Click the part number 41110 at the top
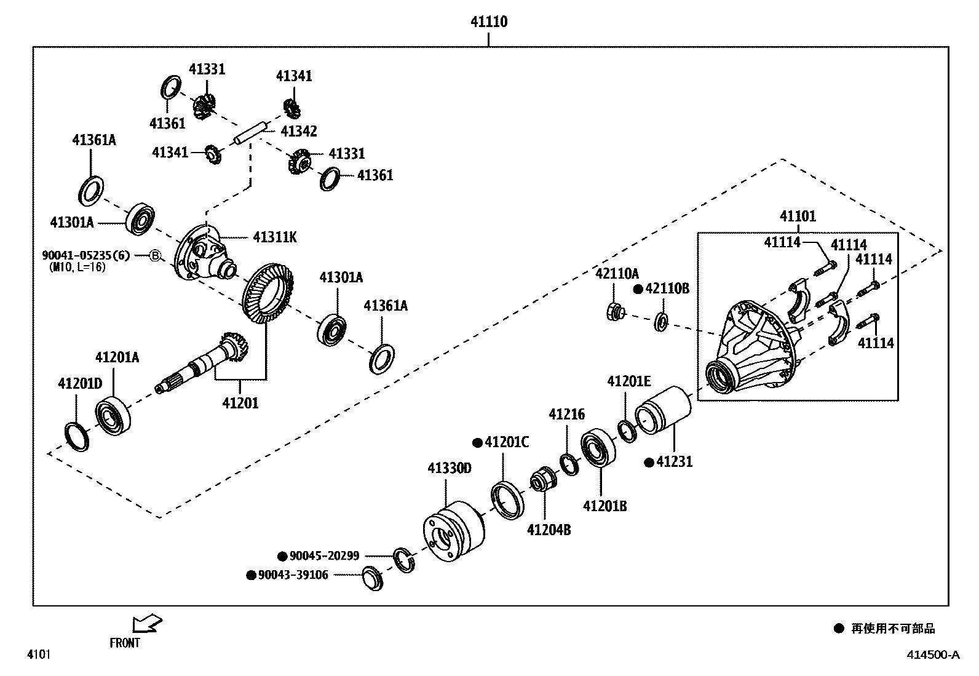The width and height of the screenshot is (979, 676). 489,22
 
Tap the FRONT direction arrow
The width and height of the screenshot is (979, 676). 147,624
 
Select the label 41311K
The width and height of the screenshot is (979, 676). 274,237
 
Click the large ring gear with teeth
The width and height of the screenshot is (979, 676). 268,293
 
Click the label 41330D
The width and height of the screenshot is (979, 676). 450,469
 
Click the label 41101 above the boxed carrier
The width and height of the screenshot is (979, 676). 798,217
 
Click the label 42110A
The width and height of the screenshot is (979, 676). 617,274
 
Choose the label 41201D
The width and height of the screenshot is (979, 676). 80,384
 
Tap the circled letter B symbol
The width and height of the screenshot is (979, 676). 156,255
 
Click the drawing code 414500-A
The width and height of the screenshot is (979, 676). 932,654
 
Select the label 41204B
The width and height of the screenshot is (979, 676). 549,530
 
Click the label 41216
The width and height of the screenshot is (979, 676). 566,415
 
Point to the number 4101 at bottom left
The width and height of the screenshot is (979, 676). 38,654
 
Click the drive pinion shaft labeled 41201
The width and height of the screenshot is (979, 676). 203,366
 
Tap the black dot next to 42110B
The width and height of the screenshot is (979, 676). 638,288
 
